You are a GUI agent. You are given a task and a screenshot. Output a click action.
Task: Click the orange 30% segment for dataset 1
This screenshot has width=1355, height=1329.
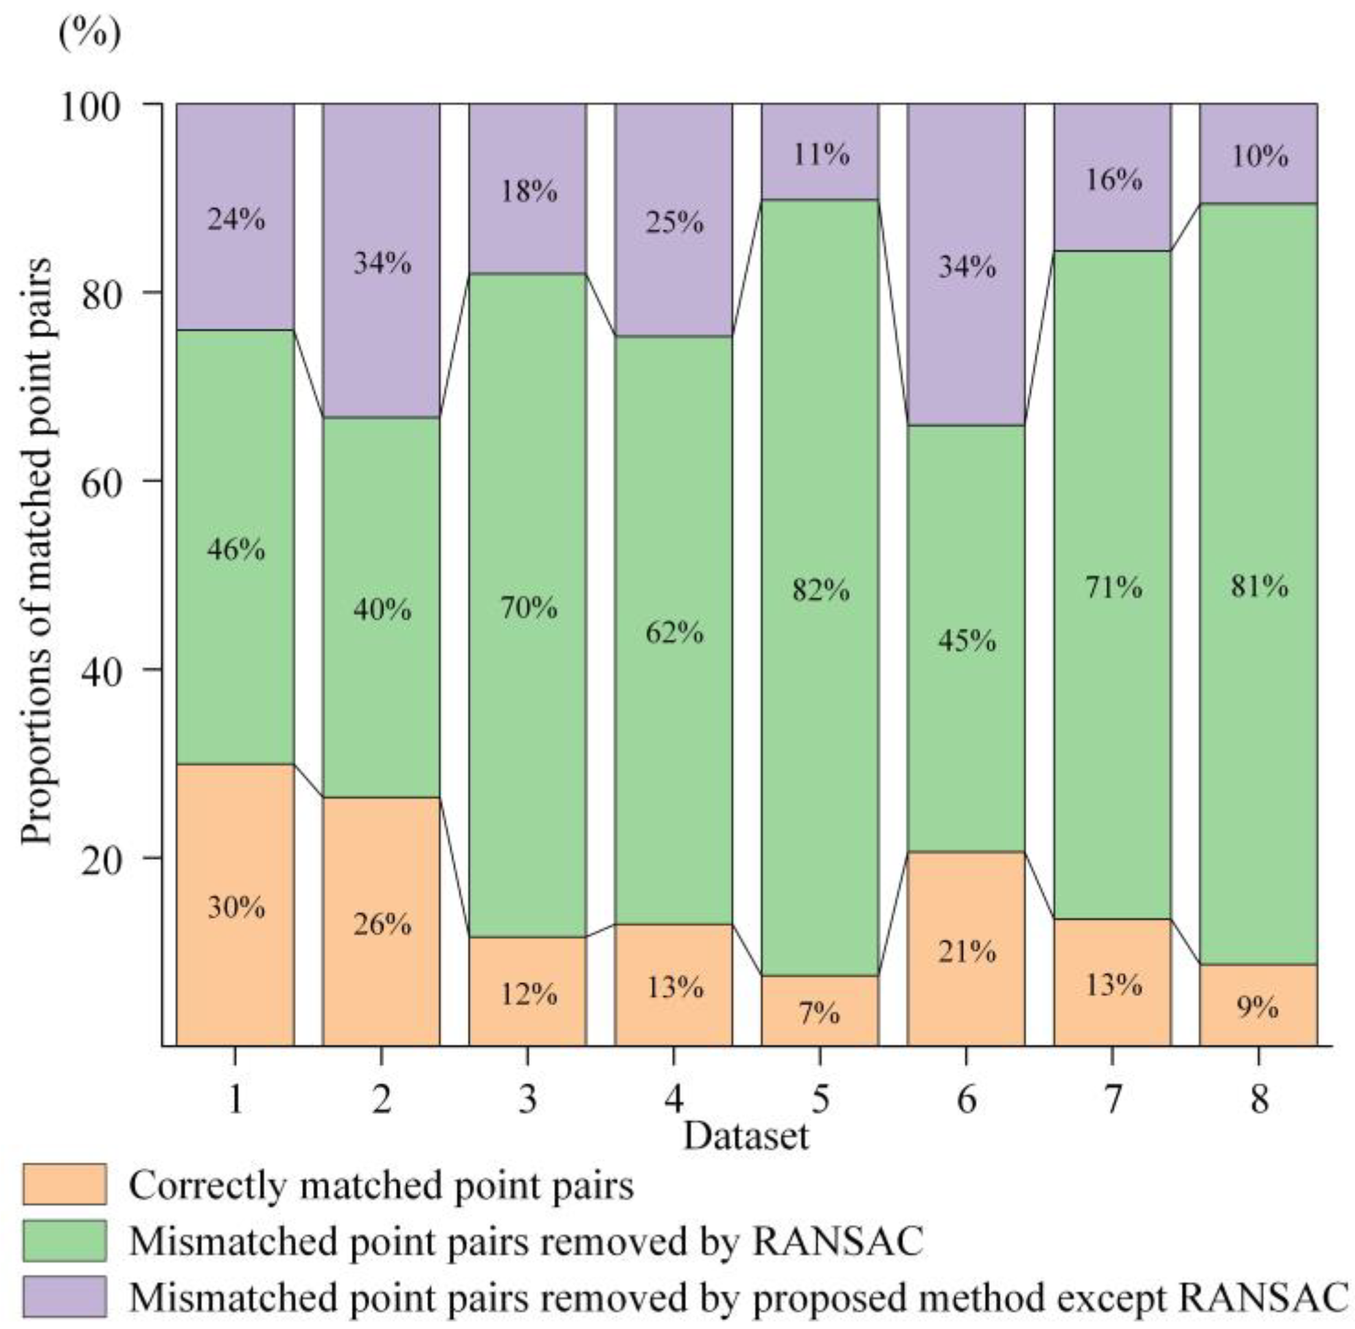[235, 905]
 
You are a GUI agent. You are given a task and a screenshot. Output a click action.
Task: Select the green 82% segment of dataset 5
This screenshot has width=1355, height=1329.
[819, 588]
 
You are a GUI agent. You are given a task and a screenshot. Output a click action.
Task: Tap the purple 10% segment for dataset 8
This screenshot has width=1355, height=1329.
[1258, 154]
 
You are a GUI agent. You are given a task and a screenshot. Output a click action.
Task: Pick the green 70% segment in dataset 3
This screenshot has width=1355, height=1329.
[528, 605]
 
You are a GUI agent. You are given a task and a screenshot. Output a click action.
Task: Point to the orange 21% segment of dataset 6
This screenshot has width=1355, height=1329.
[966, 948]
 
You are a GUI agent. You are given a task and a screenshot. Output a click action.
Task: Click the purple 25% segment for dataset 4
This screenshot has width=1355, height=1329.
[674, 220]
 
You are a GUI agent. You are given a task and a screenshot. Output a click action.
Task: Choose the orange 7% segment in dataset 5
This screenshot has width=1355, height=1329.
[819, 1011]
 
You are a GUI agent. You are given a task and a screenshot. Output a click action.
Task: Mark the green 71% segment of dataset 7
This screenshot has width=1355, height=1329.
[1112, 585]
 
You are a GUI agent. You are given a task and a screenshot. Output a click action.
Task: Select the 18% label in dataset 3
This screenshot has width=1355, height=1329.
[529, 191]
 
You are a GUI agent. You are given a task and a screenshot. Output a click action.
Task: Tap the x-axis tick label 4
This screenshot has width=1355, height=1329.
[674, 1099]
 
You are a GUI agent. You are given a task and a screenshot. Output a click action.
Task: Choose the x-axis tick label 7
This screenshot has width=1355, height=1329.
[1112, 1099]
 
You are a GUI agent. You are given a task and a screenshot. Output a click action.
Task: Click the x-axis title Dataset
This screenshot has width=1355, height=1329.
[745, 1136]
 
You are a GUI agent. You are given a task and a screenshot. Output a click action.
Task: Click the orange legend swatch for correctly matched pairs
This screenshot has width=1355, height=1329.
[64, 1184]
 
